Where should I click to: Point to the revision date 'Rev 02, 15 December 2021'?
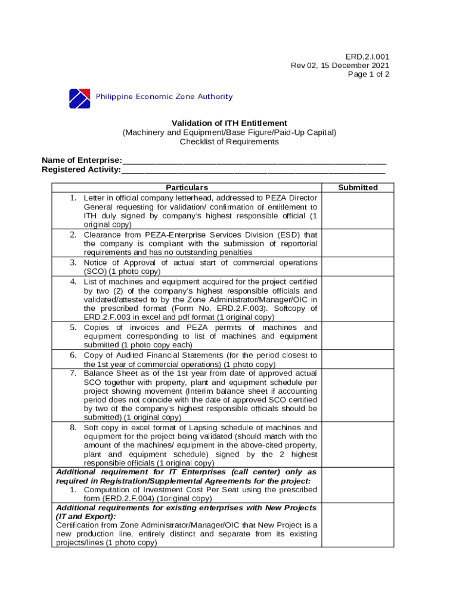(x=340, y=66)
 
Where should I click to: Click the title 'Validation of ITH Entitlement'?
(x=229, y=123)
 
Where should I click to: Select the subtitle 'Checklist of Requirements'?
(x=229, y=141)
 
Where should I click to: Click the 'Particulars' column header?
(x=187, y=187)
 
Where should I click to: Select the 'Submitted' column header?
(x=358, y=187)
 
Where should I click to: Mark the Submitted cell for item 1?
(x=358, y=211)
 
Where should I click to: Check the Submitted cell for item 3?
(x=358, y=267)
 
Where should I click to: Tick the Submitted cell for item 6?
(x=358, y=359)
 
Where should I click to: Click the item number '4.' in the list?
(x=73, y=281)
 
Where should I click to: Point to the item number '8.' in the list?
(x=73, y=428)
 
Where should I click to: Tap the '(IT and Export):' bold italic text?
(x=86, y=516)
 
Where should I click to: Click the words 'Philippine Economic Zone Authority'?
(x=165, y=97)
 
